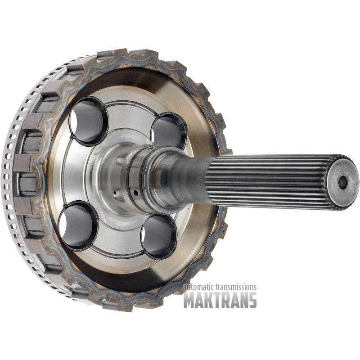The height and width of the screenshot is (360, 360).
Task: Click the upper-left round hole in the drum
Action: click(x=89, y=121)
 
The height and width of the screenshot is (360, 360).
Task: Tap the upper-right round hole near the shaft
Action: click(x=169, y=131)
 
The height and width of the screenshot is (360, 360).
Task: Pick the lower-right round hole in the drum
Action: click(x=159, y=236)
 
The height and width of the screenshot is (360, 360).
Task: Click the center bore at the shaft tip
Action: click(x=342, y=183)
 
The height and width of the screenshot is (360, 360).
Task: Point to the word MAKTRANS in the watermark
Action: click(x=220, y=300)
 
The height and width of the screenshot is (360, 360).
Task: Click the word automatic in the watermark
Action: click(x=199, y=287)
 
